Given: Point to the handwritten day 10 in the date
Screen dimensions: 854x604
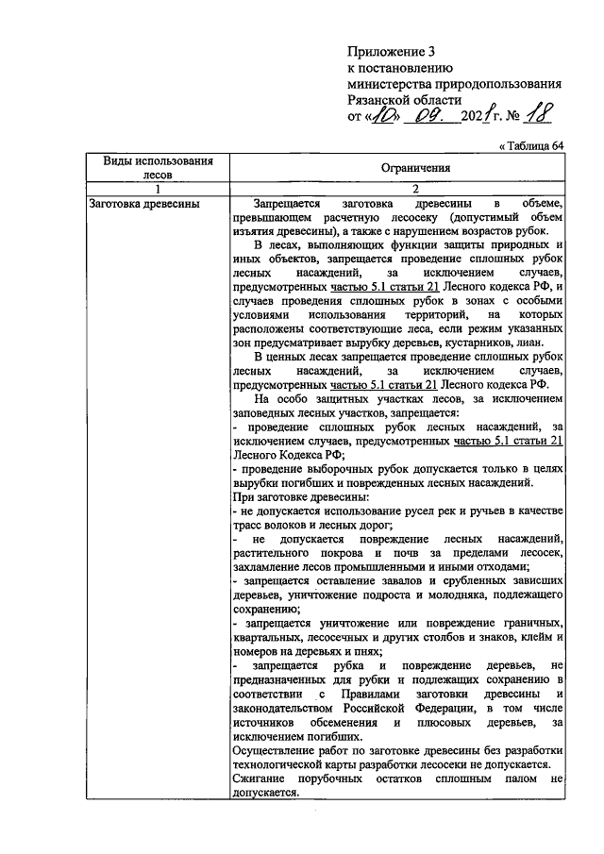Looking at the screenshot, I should coord(386,116).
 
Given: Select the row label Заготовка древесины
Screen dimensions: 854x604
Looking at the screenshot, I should coord(142,203).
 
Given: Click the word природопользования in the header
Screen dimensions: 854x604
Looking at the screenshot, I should coord(495,83).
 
